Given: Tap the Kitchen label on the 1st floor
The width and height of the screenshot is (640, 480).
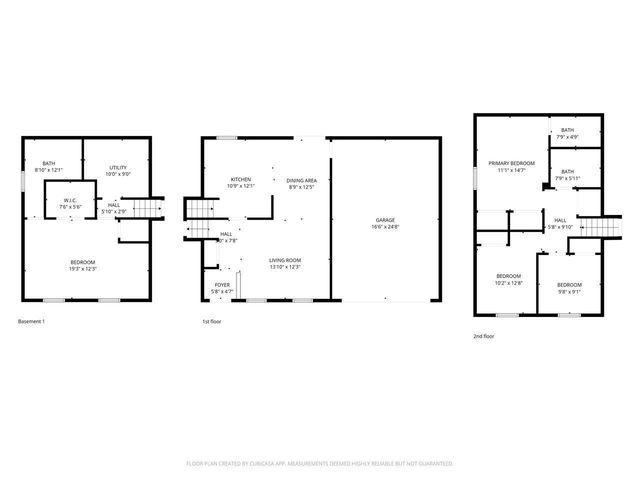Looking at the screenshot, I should point(241,179).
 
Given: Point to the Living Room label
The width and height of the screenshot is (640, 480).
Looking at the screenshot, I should point(285,260).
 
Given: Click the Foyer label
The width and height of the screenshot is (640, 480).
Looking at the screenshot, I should point(222,285).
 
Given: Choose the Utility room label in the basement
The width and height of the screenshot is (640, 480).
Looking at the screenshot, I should point(118,167).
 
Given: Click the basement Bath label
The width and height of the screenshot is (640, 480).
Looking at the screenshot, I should point(48,164).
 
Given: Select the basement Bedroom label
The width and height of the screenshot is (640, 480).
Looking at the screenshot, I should point(83,262).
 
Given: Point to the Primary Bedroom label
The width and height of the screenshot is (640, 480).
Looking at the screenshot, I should point(511,163).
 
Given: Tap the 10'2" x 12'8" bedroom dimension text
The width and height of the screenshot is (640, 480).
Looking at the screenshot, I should point(509,283).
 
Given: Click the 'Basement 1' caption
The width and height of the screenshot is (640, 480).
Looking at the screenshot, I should point(32,321).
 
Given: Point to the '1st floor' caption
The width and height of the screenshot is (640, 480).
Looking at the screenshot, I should point(213,321).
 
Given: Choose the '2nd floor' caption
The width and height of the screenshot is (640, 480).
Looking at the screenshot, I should point(485,337).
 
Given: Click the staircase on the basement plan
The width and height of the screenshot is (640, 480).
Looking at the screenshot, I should point(147,209).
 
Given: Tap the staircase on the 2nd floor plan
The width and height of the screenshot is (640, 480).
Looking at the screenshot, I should point(594,227).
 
